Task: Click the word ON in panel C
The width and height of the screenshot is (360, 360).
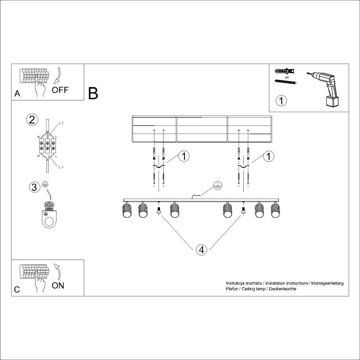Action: point(58,285)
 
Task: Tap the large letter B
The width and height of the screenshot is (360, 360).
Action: point(93,93)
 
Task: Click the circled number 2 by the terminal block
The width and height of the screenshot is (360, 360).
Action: point(32,120)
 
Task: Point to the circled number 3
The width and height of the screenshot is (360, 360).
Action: point(34,187)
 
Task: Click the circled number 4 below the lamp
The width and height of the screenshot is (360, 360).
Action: point(201,250)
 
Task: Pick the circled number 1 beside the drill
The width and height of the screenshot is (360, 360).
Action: point(281,101)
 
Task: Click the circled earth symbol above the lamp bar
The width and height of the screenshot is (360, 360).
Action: point(218,186)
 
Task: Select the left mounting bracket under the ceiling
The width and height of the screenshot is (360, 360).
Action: point(159,166)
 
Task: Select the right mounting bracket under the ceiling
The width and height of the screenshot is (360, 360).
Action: point(243,166)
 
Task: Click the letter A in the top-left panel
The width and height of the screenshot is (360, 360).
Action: point(17,94)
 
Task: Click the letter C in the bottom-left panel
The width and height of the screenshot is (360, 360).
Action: point(17,290)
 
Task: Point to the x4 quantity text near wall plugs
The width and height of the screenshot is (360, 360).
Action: point(287,77)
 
